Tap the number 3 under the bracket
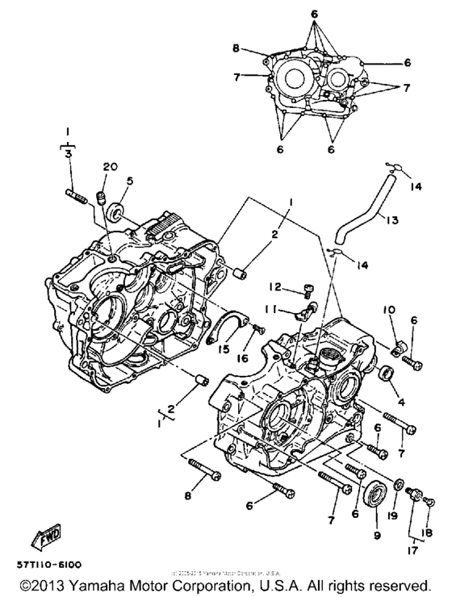click(69, 152)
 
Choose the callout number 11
click(274, 308)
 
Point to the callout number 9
click(375, 534)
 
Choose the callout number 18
click(428, 532)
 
